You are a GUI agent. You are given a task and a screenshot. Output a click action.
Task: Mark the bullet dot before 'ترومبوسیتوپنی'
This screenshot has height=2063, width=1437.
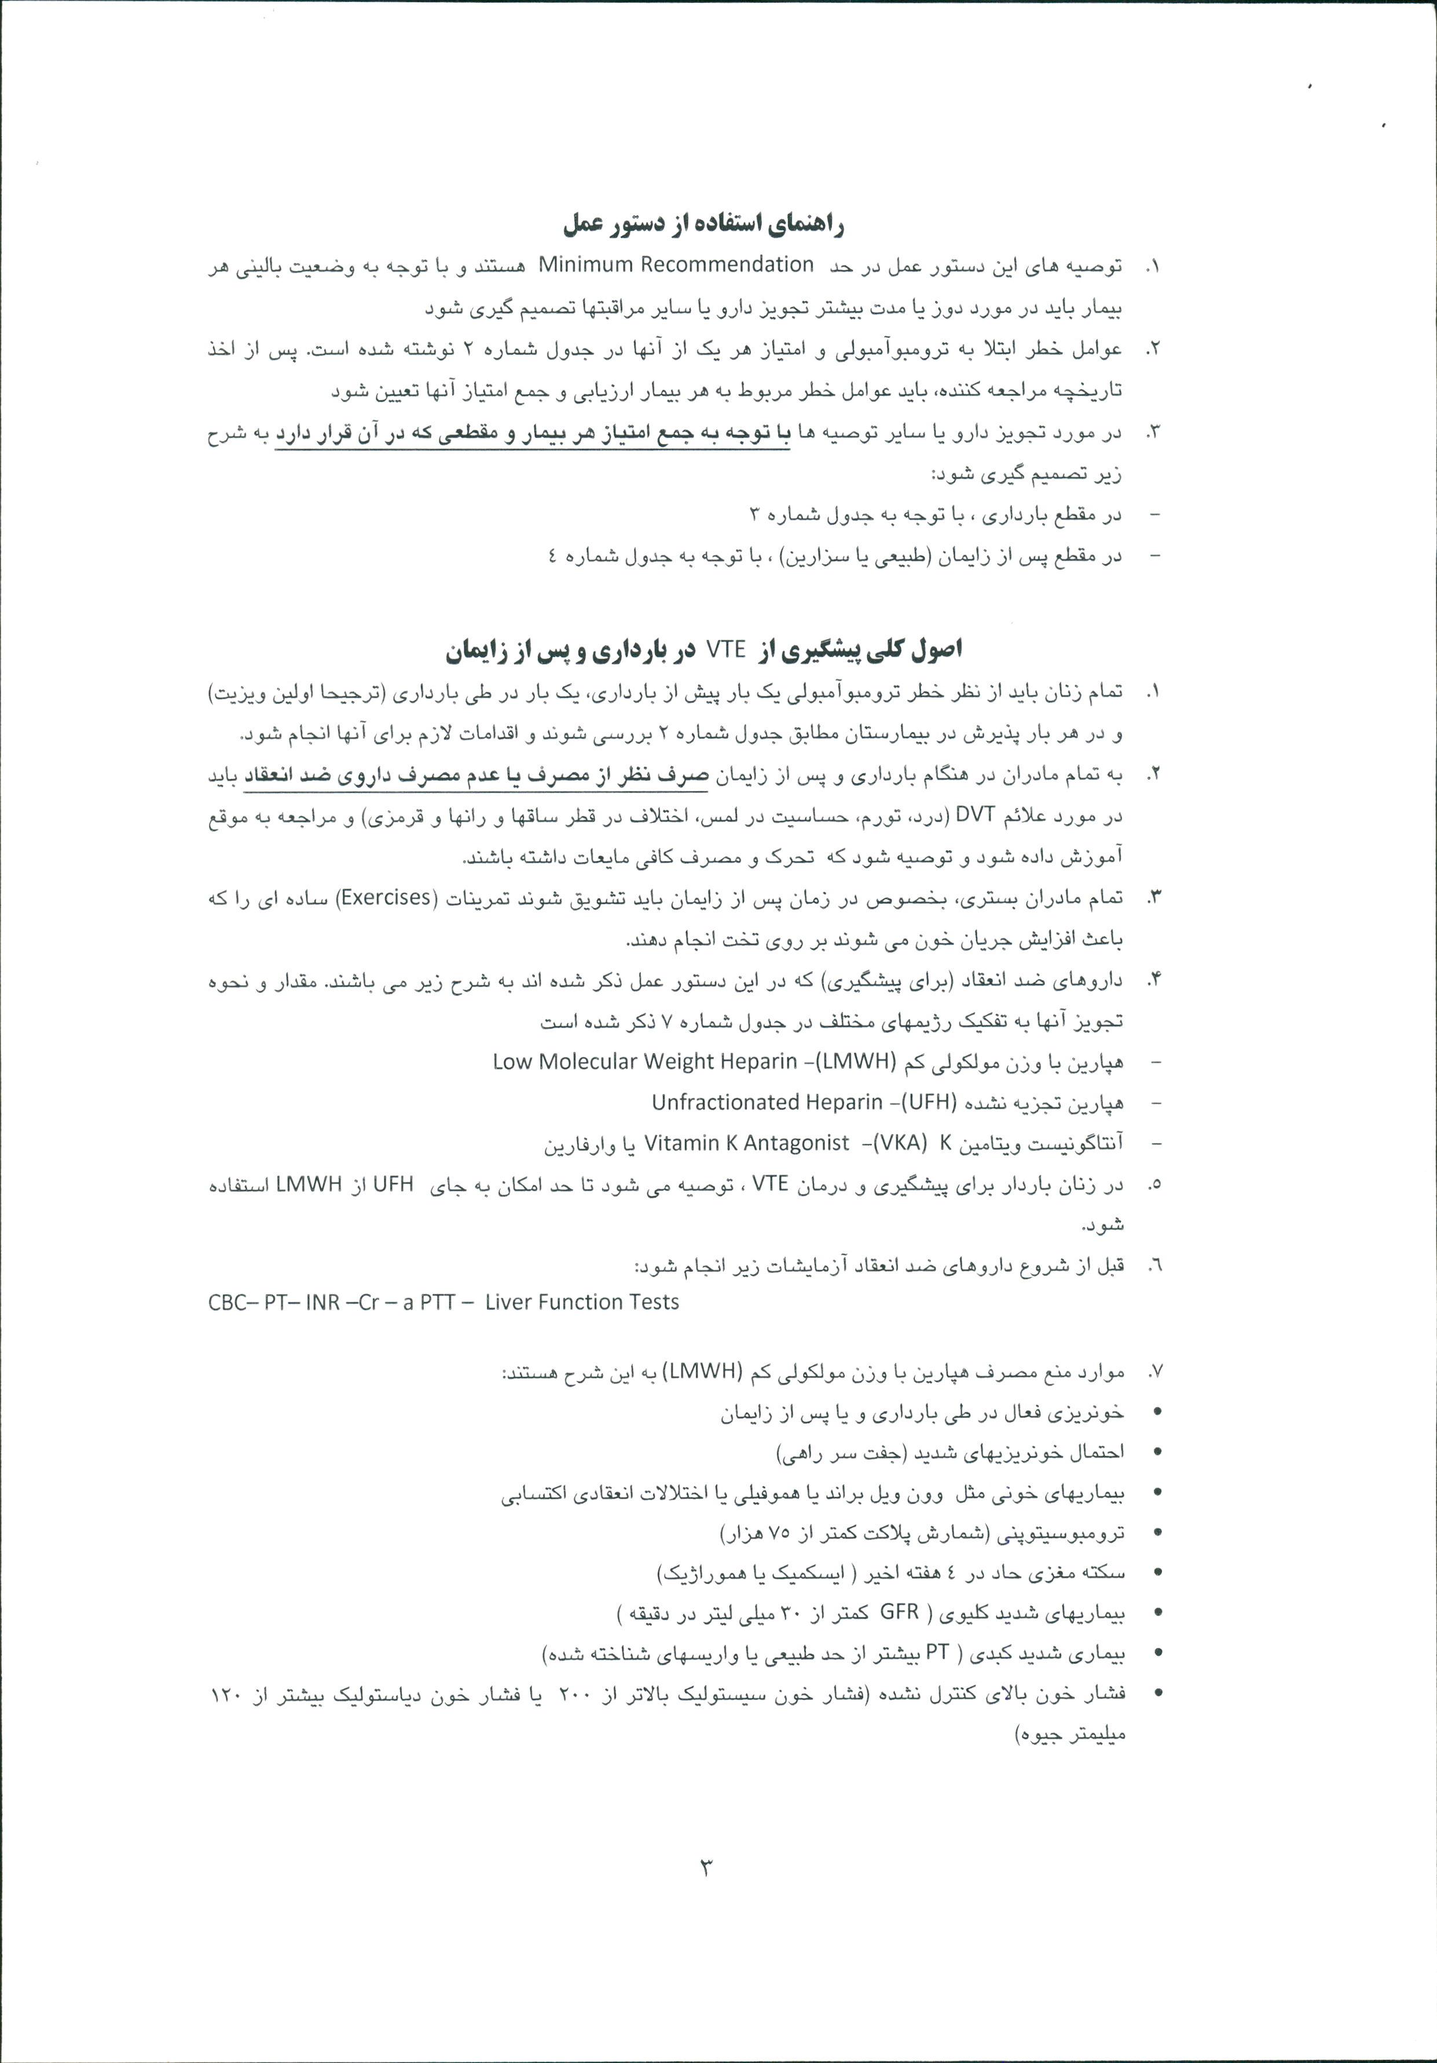(x=1157, y=1533)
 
